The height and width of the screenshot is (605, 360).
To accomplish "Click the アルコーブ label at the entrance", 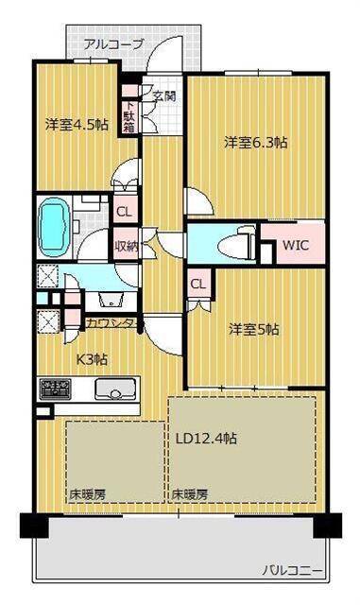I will pos(113,44).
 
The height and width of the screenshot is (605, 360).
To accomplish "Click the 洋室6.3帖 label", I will pos(255,143).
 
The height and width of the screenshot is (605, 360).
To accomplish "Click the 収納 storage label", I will pos(127,245).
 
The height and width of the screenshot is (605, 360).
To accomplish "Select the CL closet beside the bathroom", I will pos(124,213).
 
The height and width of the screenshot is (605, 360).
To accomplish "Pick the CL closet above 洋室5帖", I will pos(198,283).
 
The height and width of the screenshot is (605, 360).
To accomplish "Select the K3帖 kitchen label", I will pos(93,358).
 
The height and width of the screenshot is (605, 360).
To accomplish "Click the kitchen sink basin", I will pos(115,389).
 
